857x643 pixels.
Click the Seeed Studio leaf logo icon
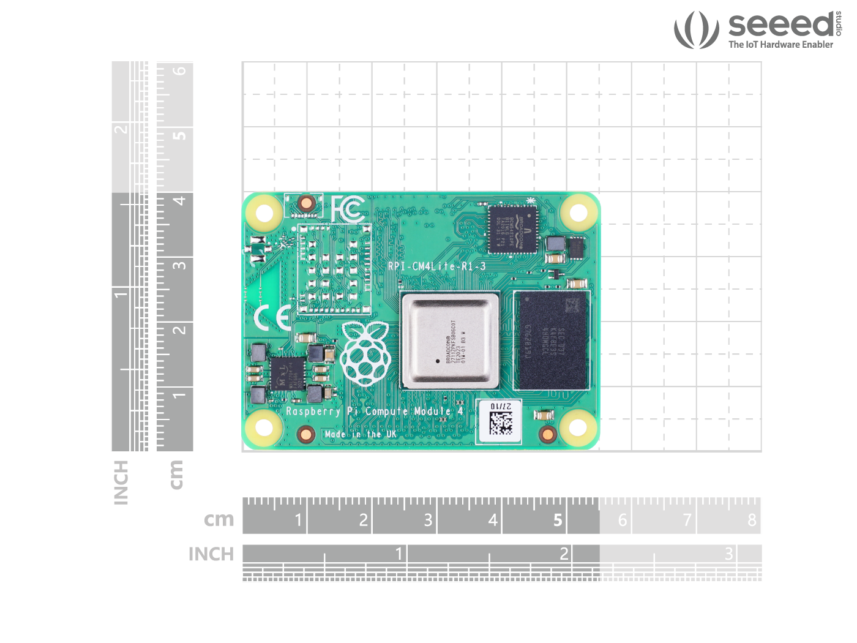[x=696, y=29]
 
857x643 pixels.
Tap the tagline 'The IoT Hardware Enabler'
[x=780, y=45]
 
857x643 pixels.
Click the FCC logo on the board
[x=348, y=209]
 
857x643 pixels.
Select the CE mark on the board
[x=272, y=318]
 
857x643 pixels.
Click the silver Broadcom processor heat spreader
[x=450, y=340]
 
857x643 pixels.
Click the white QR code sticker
[x=500, y=421]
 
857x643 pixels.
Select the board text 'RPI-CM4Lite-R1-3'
[x=436, y=266]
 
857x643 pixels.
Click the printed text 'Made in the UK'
[x=361, y=434]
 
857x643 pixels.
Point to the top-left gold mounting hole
[x=264, y=214]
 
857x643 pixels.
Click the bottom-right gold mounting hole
[x=578, y=427]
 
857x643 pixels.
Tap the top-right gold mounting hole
[x=578, y=213]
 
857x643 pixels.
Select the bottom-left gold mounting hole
[x=264, y=427]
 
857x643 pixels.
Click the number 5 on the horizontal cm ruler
[x=558, y=520]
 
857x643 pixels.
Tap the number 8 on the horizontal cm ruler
[x=752, y=520]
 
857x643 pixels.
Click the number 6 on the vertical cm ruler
[x=179, y=71]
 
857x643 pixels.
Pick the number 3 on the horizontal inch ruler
[x=728, y=554]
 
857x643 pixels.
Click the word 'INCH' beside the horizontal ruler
[x=211, y=554]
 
